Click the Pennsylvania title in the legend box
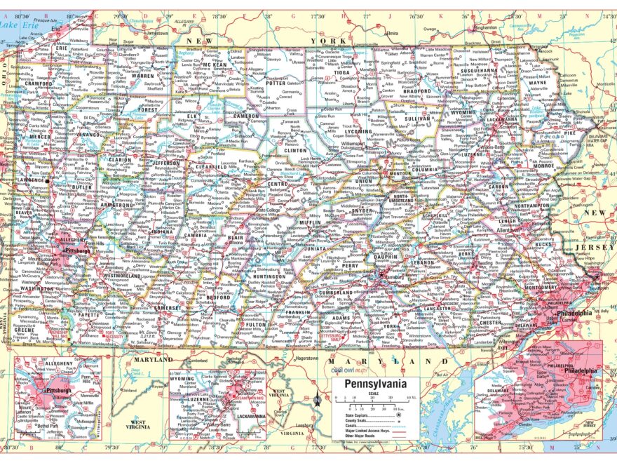tap(374, 385)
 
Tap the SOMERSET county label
tap(168, 307)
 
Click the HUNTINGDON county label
tap(269, 276)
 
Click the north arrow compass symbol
tap(317, 401)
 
